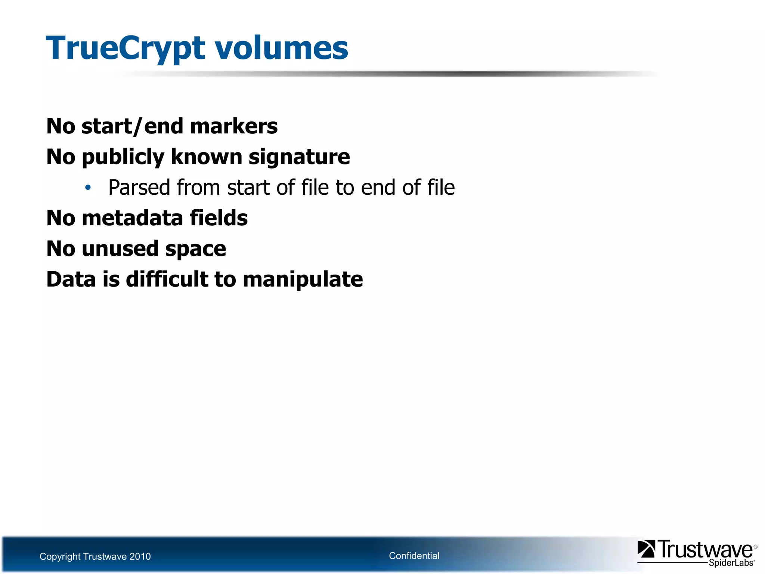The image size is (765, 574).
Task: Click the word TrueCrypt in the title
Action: [126, 49]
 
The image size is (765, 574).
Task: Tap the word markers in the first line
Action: [234, 126]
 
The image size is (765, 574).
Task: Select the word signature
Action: [299, 157]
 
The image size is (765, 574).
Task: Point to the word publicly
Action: [123, 157]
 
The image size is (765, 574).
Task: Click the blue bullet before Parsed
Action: [88, 187]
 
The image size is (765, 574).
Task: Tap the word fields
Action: [219, 218]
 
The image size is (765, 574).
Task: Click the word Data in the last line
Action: [71, 280]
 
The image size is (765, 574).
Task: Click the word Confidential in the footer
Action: [414, 556]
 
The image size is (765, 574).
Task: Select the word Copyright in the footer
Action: [60, 556]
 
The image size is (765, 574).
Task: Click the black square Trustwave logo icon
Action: [646, 549]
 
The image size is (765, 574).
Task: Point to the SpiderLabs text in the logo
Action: [731, 563]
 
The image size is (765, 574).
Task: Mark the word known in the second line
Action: [207, 157]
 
